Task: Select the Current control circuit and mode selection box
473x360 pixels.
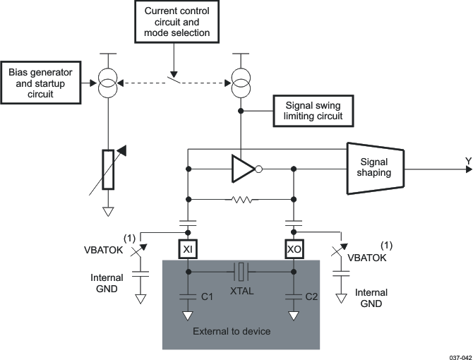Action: tap(176, 23)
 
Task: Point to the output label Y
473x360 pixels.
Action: tap(467, 161)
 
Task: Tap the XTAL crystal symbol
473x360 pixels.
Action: tap(241, 271)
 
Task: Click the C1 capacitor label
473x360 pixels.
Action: tap(207, 297)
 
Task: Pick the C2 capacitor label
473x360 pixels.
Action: tap(312, 297)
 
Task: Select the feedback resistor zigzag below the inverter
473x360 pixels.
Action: tap(241, 200)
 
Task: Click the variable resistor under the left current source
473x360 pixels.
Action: tap(107, 169)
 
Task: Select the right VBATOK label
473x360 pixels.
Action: tap(368, 258)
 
